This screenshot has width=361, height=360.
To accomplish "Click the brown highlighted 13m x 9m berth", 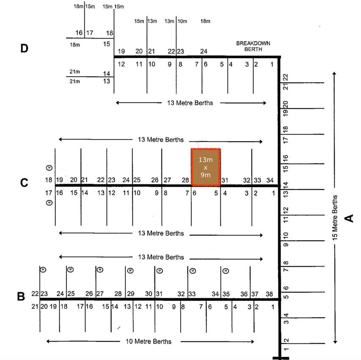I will (x=205, y=167).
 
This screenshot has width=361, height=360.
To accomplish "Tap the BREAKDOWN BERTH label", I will (x=253, y=46).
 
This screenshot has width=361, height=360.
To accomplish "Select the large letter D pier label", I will (x=24, y=48).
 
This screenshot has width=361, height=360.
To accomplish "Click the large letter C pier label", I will (x=24, y=182).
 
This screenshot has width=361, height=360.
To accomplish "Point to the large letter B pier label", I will (x=21, y=297).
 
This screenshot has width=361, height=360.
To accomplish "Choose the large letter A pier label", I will (x=349, y=218).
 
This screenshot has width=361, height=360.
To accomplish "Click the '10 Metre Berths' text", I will (x=148, y=341).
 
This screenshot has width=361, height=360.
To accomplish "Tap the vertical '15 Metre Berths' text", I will (x=335, y=218).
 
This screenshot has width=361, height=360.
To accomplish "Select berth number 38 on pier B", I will (x=269, y=294).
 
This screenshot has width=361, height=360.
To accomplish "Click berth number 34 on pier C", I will (x=270, y=180).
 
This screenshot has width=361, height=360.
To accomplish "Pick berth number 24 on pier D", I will (x=204, y=51).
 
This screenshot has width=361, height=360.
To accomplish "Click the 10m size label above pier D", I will (x=182, y=21).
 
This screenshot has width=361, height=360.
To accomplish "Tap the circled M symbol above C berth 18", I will (x=49, y=168).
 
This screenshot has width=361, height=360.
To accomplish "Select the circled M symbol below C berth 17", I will (x=49, y=203).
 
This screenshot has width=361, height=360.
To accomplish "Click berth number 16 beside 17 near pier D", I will (x=79, y=33).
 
